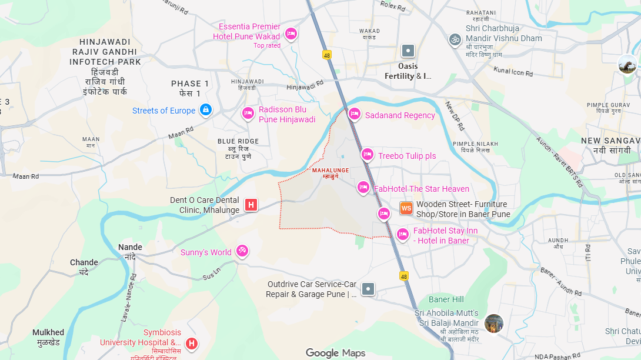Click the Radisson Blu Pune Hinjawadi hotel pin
pos(248,114)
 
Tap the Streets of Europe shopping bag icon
pos(205,110)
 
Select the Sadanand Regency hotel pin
pos(354,114)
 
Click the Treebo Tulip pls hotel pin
pos(368,155)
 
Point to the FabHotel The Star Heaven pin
pos(363,188)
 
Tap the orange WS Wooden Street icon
pos(406,208)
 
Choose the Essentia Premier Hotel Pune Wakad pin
pos(291,34)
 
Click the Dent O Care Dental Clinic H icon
pos(251,205)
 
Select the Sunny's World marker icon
pos(242,251)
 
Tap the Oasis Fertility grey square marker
pos(408,51)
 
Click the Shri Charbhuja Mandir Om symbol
pos(455,39)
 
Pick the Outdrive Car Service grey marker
pos(368,288)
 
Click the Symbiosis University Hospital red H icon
pos(191,343)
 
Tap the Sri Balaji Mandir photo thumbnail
pos(494,323)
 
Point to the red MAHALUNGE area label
pos(330,171)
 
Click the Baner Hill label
pos(446,299)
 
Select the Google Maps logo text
pos(335,353)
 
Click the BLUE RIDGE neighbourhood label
pos(238,141)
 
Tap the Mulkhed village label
pos(48,333)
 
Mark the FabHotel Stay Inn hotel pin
pos(403,235)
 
